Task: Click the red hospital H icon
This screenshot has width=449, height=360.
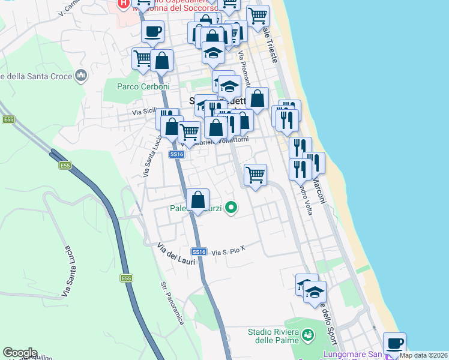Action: point(123,4)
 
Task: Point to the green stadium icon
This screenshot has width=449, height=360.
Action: point(307,334)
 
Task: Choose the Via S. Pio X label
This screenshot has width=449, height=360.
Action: point(229,251)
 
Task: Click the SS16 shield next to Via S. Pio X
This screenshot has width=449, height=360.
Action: point(199,251)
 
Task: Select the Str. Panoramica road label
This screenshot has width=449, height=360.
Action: point(172,312)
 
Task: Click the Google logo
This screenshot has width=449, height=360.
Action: point(20,353)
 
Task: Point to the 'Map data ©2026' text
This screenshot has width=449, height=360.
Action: point(424,355)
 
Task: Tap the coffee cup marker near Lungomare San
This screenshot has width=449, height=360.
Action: point(394,343)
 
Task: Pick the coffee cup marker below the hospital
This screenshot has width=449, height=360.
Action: point(153,31)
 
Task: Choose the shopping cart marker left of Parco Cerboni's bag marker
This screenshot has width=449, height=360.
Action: point(143,59)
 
